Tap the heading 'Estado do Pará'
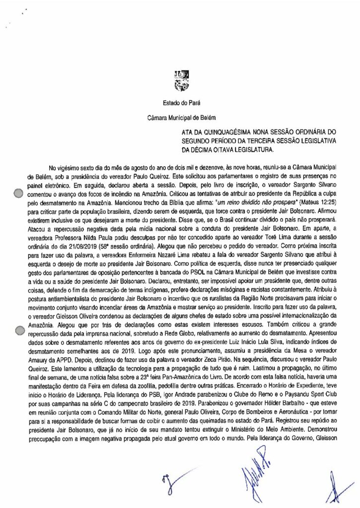[179, 104]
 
